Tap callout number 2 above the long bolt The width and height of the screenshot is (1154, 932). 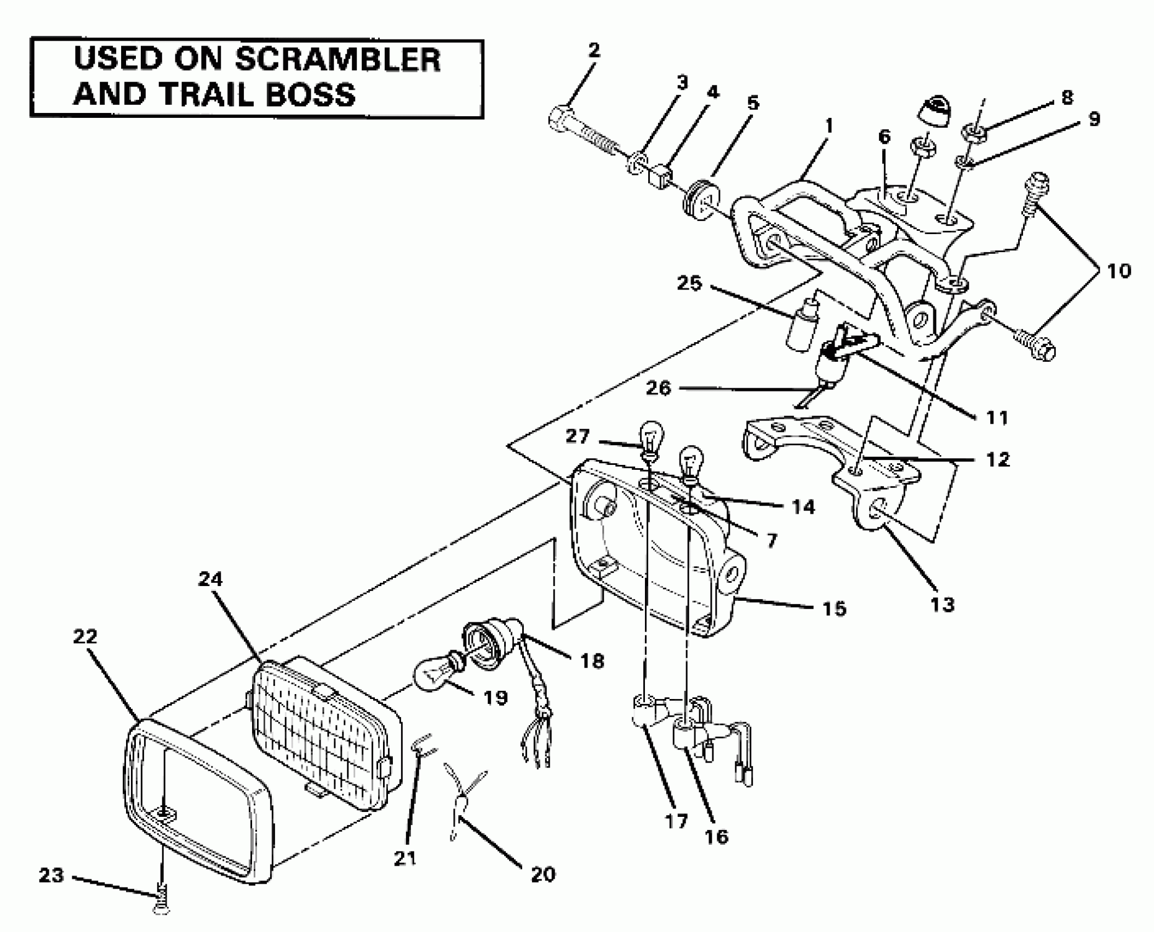click(593, 51)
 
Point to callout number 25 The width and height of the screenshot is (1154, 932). click(689, 283)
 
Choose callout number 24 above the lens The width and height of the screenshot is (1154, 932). click(210, 579)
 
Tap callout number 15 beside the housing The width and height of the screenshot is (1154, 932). click(834, 608)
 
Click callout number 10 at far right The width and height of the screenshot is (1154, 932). click(1118, 271)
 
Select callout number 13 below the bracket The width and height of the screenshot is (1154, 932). click(942, 605)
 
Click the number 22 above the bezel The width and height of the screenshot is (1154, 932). click(85, 637)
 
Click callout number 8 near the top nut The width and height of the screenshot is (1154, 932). click(1067, 98)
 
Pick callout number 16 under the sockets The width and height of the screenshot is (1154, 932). click(716, 837)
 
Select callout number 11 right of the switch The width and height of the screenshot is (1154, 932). click(997, 418)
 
